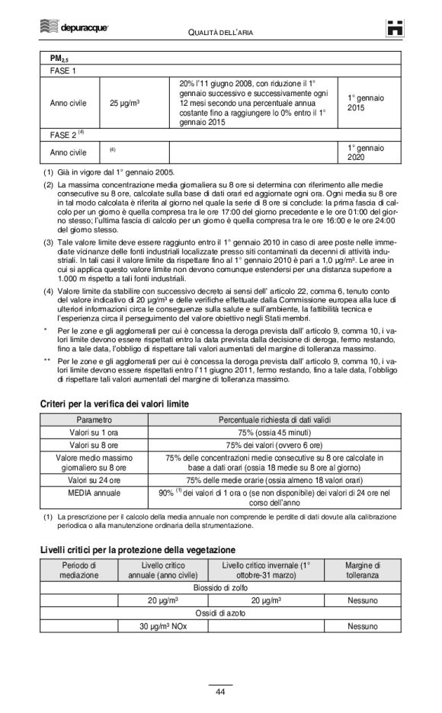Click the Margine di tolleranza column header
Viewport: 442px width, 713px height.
(x=362, y=570)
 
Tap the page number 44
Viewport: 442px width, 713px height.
(x=220, y=692)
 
